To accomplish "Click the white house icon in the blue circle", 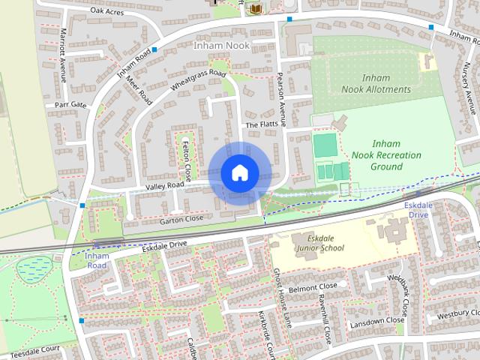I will (x=239, y=172).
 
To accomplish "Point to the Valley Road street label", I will (x=165, y=184).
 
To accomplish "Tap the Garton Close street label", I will (x=181, y=219).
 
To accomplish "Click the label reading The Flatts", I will (x=262, y=124).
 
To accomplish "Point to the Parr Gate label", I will (x=70, y=104).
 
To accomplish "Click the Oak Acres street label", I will (x=106, y=10).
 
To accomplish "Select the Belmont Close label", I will (x=314, y=287).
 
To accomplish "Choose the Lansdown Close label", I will (x=377, y=321).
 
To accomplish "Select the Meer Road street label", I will (x=141, y=88).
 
